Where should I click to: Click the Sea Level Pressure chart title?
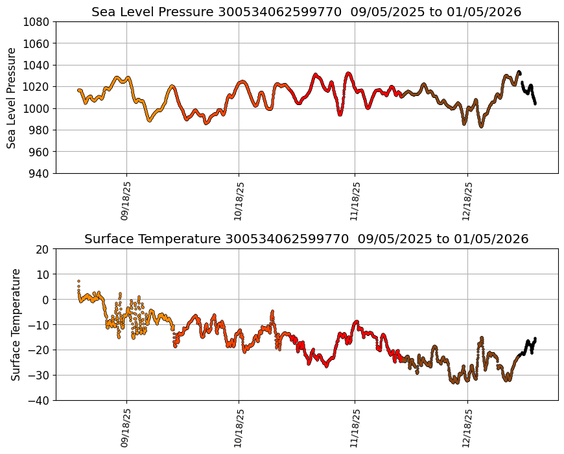[x=306, y=12]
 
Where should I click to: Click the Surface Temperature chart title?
[x=306, y=239]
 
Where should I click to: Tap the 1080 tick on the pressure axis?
[x=38, y=22]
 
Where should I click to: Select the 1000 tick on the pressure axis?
[x=38, y=108]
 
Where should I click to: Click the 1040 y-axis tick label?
[x=38, y=66]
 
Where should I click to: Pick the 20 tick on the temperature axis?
[x=43, y=249]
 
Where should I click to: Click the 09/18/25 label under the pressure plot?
[x=126, y=200]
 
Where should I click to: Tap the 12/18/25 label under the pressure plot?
[x=467, y=200]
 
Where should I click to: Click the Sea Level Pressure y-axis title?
[x=12, y=97]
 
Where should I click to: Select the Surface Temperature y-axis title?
[x=16, y=324]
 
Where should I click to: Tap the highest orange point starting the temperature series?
[x=78, y=281]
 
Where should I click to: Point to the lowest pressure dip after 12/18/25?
[x=481, y=126]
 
